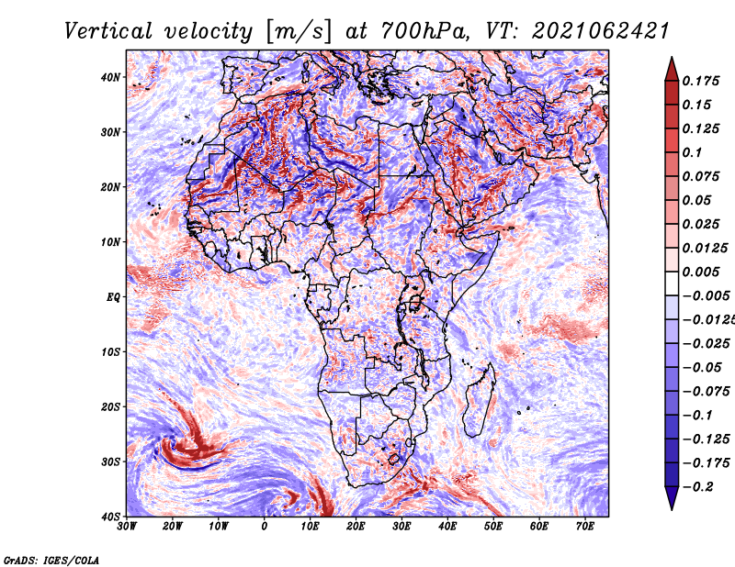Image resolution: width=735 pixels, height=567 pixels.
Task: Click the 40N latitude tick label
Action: (x=110, y=77)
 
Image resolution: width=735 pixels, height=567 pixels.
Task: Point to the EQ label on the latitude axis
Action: (x=113, y=297)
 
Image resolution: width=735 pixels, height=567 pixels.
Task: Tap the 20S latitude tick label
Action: (x=110, y=406)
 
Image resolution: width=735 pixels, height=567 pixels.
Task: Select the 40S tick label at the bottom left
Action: (x=110, y=517)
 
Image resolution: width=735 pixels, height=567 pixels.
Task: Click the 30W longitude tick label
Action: (x=127, y=527)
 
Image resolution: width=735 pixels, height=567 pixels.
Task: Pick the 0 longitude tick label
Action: (x=265, y=527)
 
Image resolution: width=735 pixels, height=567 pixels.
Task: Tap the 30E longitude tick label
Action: (x=401, y=527)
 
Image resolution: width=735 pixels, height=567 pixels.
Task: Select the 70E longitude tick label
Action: (x=585, y=527)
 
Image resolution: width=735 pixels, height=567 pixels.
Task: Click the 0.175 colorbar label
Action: (x=701, y=81)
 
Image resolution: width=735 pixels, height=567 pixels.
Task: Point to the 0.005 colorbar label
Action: (x=701, y=272)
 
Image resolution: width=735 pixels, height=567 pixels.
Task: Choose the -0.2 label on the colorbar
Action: (x=697, y=487)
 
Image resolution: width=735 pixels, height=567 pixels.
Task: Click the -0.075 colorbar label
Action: (x=706, y=392)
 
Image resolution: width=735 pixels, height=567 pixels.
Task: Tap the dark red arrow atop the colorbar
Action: (x=672, y=70)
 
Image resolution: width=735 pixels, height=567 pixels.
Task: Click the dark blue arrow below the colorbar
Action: (x=672, y=498)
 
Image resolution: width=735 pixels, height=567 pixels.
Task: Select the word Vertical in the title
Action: (x=108, y=31)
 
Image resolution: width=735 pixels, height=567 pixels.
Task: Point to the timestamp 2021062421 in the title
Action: (x=600, y=31)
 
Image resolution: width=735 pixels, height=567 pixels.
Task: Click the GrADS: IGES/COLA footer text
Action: (x=51, y=561)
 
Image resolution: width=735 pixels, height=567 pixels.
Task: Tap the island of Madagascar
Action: (x=480, y=401)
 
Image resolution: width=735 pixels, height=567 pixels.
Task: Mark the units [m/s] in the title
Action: (x=300, y=31)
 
